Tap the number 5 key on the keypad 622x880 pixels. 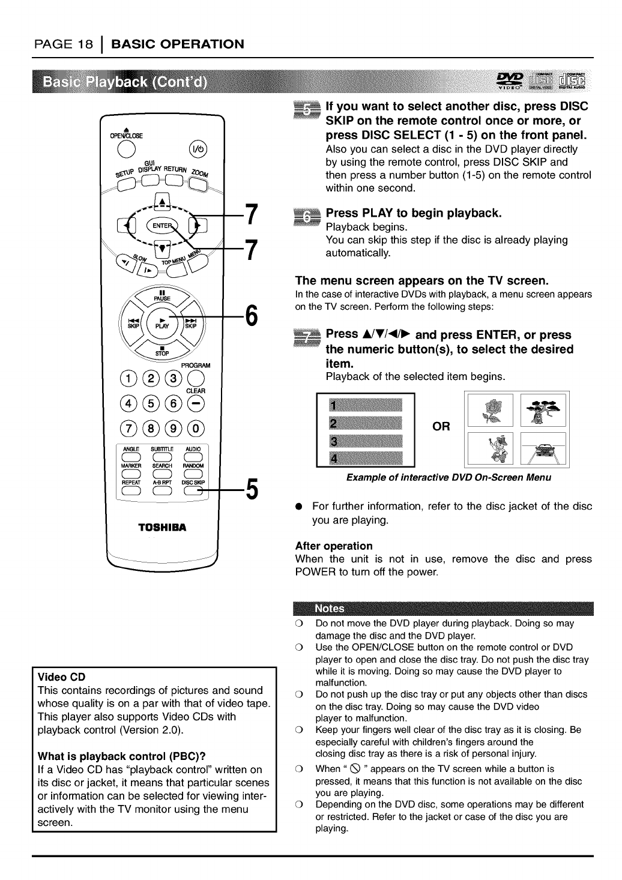coord(150,403)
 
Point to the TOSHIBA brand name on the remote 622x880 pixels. coord(162,528)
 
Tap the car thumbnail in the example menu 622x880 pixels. coord(544,449)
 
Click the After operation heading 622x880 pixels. coord(334,546)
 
